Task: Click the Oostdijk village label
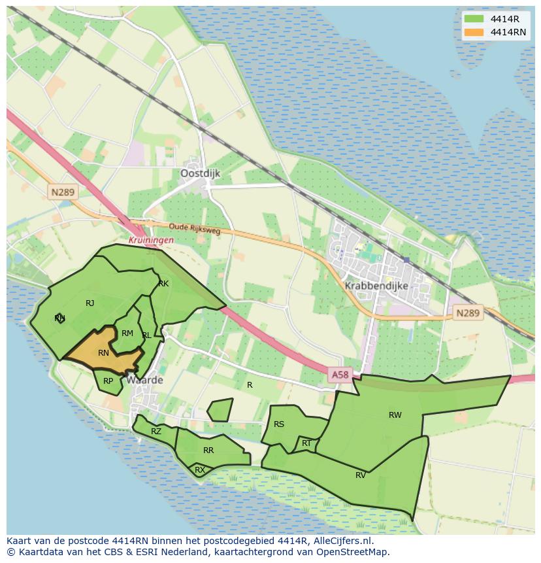(x=200, y=173)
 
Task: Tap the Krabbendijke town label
(x=376, y=286)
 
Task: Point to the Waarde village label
(x=145, y=380)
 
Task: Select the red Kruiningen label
(x=151, y=240)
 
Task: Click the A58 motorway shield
(x=340, y=375)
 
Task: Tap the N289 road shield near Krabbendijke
(x=467, y=313)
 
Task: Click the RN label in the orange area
(x=103, y=353)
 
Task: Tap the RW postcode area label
(x=395, y=415)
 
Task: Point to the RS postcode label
(x=279, y=424)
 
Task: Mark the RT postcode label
(x=306, y=443)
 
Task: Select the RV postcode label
(x=361, y=475)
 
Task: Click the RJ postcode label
(x=90, y=303)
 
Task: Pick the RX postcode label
(x=200, y=469)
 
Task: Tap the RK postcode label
(x=163, y=284)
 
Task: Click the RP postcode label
(x=108, y=381)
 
